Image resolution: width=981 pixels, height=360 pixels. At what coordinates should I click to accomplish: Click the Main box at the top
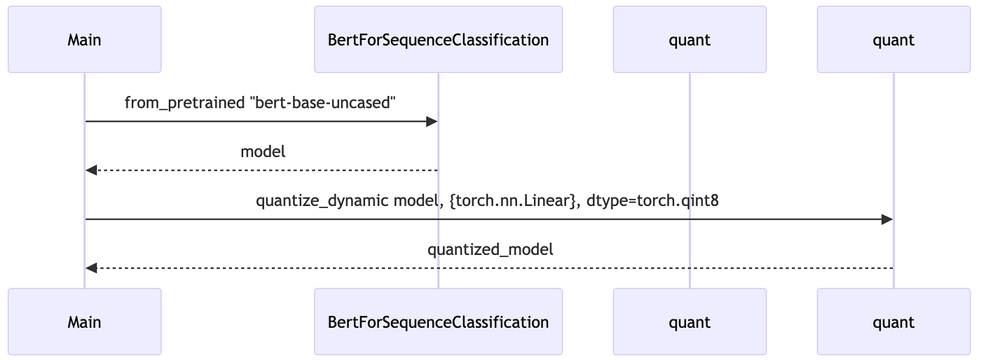(x=85, y=39)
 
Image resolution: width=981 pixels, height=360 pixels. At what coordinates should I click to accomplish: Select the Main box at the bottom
(x=85, y=321)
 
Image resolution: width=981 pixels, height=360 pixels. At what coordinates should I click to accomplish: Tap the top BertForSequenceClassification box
(x=439, y=39)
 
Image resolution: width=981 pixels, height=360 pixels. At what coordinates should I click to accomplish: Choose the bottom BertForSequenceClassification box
(x=439, y=321)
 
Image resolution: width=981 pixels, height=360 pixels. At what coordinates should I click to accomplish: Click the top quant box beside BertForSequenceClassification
(x=690, y=39)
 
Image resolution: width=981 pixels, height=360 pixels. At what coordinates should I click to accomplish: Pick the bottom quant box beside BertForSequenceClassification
(x=690, y=321)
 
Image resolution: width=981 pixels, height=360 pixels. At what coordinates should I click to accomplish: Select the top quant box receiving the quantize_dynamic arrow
(x=894, y=39)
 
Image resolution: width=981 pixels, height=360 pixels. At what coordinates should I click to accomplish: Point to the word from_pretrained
(x=184, y=103)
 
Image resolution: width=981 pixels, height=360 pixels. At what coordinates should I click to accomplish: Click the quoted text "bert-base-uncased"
(x=323, y=102)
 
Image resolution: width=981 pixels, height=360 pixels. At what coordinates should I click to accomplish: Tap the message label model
(x=263, y=151)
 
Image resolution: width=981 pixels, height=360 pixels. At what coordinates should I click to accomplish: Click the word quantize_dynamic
(x=322, y=201)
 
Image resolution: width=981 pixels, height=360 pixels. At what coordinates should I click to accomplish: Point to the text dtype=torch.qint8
(x=652, y=201)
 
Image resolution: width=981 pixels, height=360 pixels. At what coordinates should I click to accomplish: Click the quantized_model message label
(x=490, y=249)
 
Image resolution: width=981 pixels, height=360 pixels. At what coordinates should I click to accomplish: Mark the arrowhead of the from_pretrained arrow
(x=432, y=121)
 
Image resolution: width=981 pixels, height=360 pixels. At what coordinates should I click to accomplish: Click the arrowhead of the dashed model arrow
(x=91, y=170)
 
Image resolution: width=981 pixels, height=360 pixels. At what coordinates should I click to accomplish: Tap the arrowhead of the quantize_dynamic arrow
(x=887, y=219)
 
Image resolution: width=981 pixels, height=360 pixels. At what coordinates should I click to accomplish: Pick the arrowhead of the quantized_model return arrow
(x=91, y=268)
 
